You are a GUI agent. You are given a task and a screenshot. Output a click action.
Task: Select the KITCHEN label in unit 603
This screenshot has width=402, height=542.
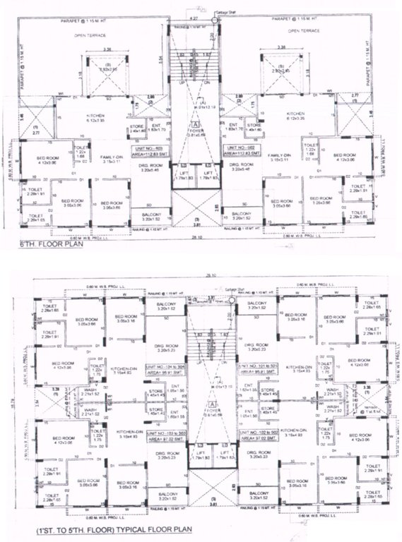pos(96,116)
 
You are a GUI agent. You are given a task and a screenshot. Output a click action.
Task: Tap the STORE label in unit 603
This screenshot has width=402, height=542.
pos(136,127)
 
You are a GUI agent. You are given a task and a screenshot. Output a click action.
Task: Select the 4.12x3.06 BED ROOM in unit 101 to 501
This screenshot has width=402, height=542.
pos(351,361)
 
